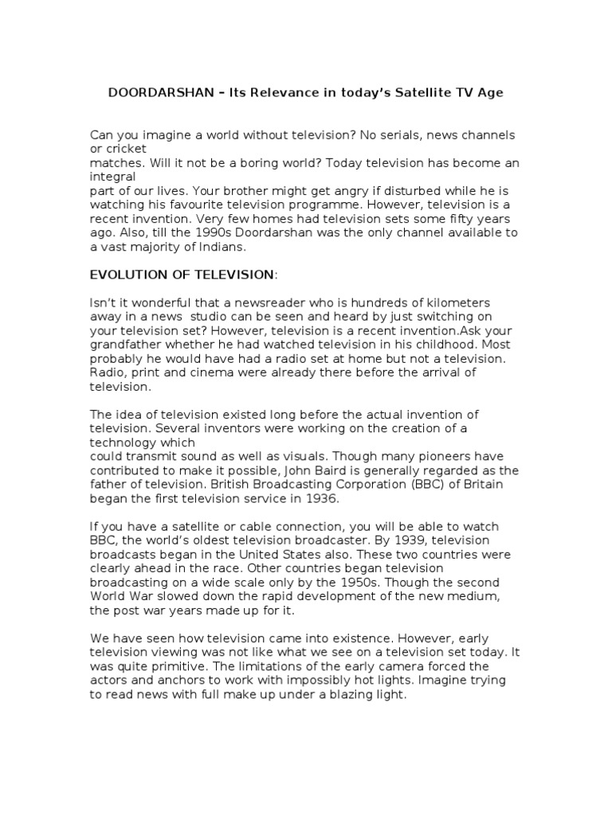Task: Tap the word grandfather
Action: [x=127, y=345]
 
